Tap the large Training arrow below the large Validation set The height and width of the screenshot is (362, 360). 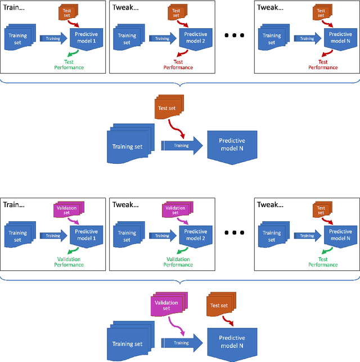[181, 342]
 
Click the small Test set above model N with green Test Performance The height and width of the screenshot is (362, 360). [321, 210]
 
